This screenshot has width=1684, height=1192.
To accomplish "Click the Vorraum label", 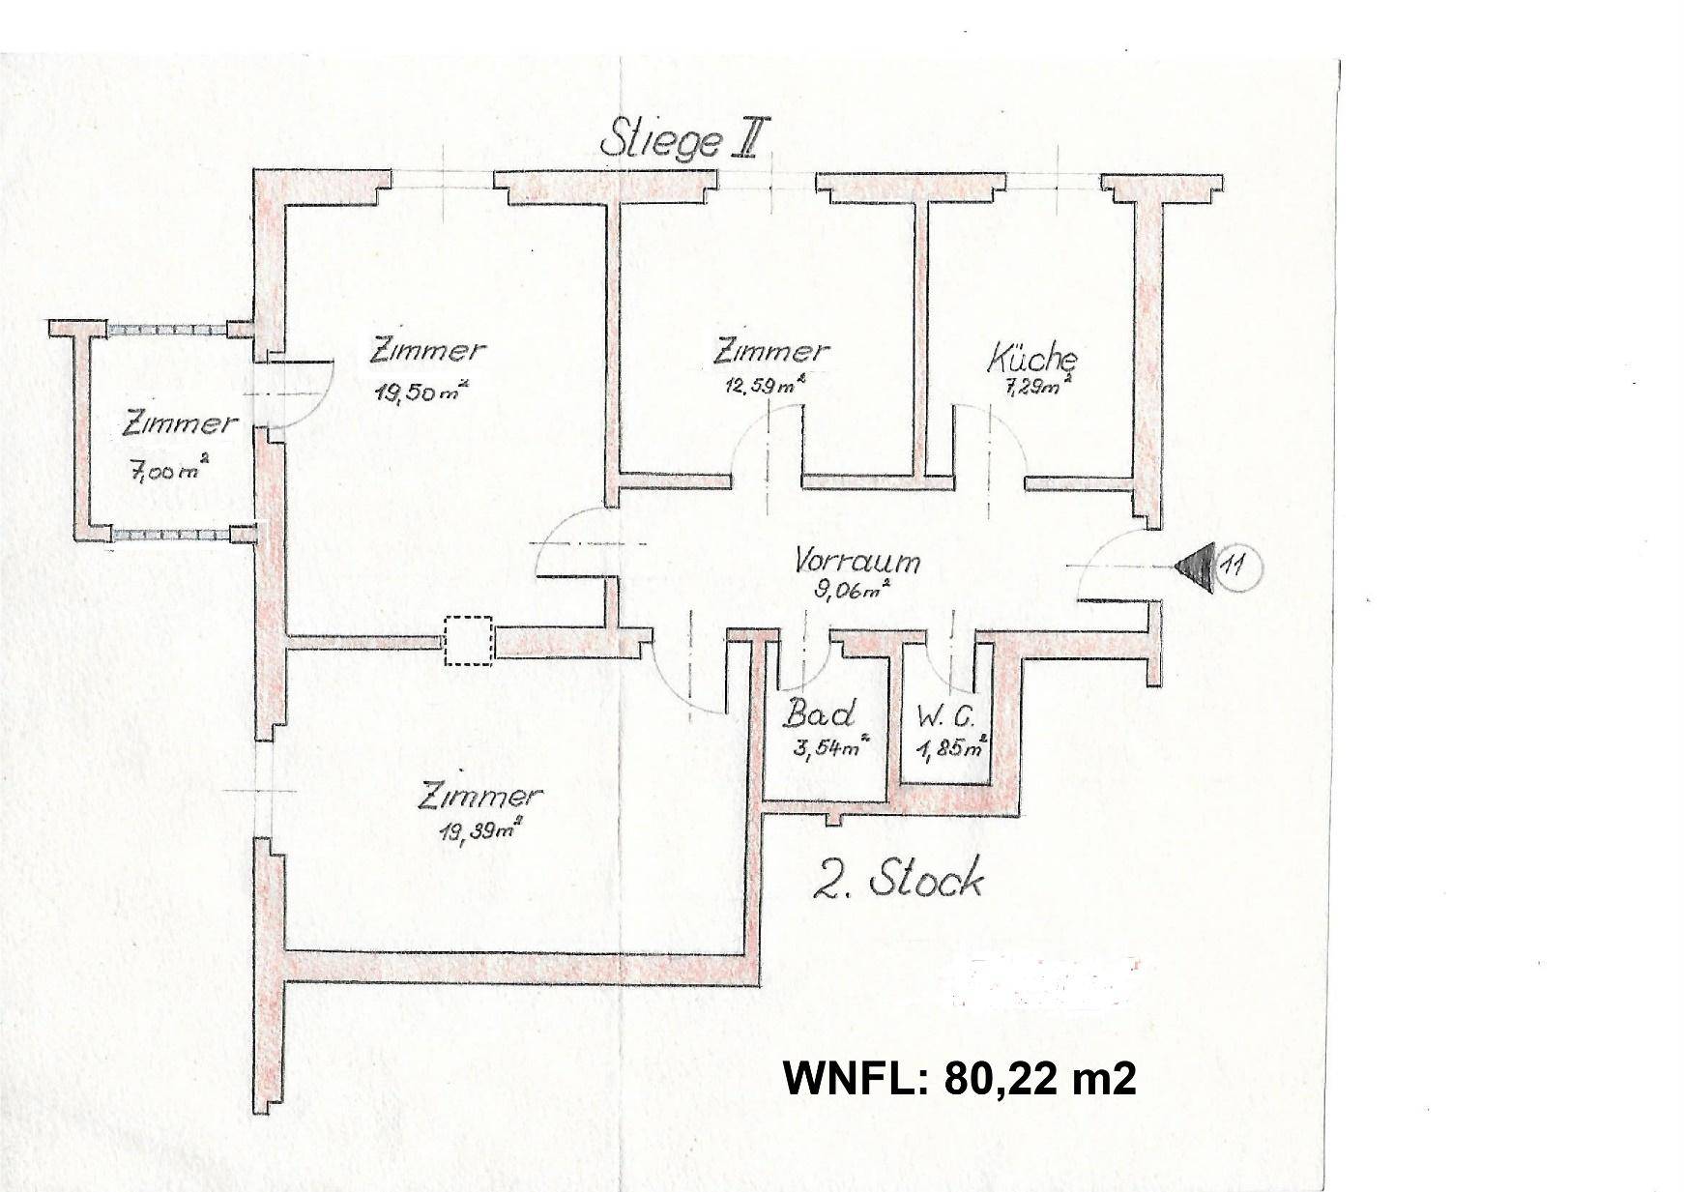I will tap(857, 561).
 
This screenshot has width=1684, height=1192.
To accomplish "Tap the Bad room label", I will tap(819, 714).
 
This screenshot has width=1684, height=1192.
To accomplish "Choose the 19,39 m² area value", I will tap(479, 828).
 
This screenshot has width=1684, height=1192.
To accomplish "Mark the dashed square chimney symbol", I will tap(469, 641).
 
